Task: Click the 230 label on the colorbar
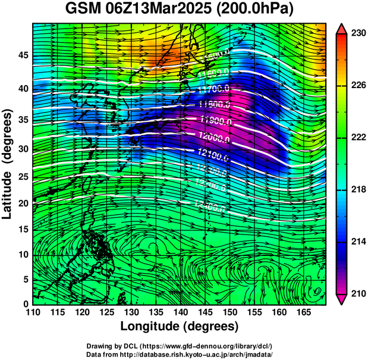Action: (x=357, y=33)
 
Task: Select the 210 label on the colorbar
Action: (x=357, y=293)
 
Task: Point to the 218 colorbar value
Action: (x=357, y=189)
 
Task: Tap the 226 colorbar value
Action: (x=357, y=86)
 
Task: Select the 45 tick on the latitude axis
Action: (x=23, y=55)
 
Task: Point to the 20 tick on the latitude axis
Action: (x=23, y=204)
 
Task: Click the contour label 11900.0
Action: (x=216, y=120)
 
